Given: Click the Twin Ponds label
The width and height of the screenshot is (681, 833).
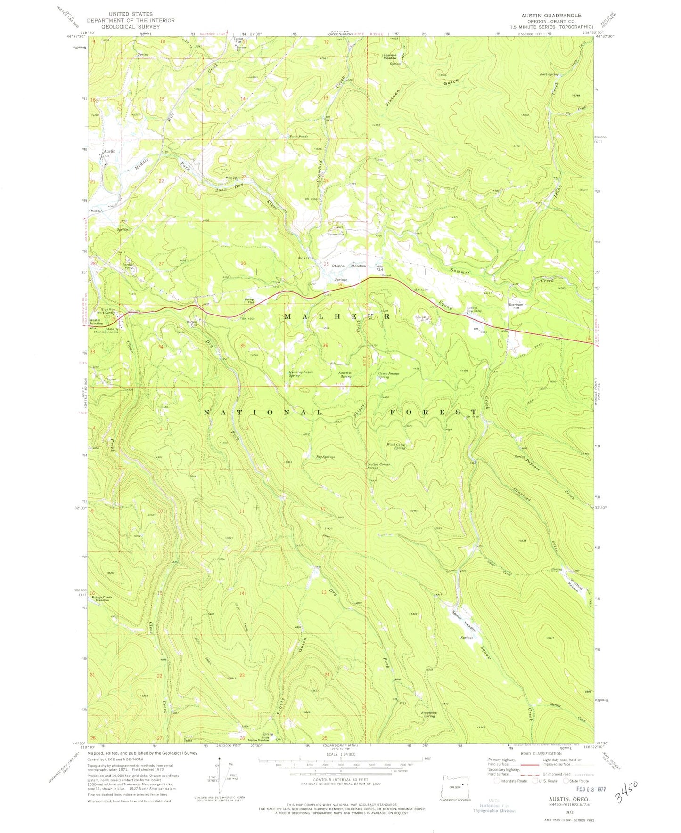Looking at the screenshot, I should tap(298, 137).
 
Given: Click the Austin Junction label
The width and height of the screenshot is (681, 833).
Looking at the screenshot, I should tap(97, 322).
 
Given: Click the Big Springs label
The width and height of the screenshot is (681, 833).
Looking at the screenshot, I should tap(325, 456).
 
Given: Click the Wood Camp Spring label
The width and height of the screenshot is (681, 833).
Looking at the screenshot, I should tap(396, 446).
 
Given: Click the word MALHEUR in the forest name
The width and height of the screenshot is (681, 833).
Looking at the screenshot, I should tap(337, 317).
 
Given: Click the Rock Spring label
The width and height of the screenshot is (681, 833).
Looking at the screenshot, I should tap(549, 74).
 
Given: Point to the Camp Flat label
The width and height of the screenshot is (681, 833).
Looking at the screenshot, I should tap(249, 300).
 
